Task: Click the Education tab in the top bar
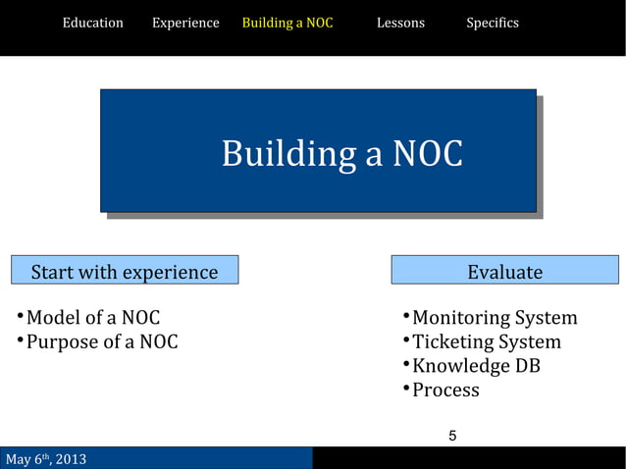(93, 23)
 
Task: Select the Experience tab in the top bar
(185, 23)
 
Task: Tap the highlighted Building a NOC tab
(287, 23)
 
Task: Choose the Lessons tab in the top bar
(400, 23)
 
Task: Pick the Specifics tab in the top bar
(493, 23)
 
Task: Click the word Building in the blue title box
(288, 154)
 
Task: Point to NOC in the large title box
(427, 154)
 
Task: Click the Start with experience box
(125, 272)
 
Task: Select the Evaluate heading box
(504, 272)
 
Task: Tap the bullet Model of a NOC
(92, 318)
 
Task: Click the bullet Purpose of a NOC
(101, 342)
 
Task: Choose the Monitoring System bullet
(495, 318)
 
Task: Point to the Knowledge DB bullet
(476, 366)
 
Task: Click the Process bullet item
(445, 390)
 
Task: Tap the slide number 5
(452, 436)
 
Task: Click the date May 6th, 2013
(46, 459)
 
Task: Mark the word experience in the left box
(170, 272)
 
